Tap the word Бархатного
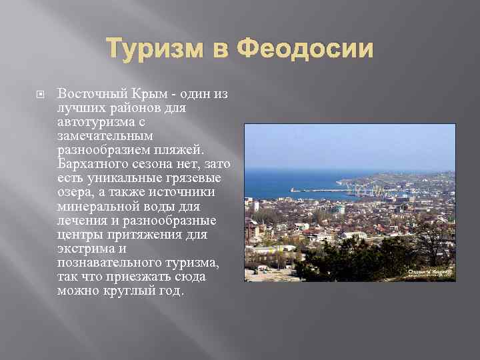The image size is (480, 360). click(x=92, y=164)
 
